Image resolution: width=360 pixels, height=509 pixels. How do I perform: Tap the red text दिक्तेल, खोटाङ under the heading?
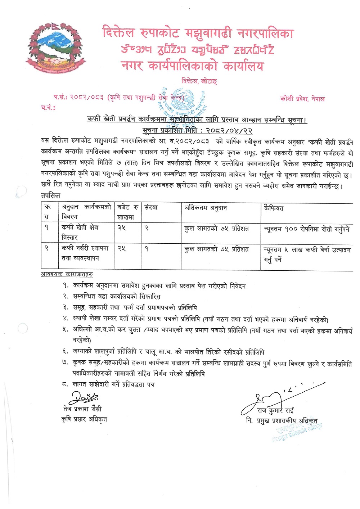pyautogui.click(x=199, y=81)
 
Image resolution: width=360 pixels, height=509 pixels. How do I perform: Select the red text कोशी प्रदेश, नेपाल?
pyautogui.click(x=302, y=99)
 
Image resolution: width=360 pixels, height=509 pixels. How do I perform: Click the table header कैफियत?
pyautogui.click(x=274, y=208)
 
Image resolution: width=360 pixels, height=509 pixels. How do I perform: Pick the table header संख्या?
pyautogui.click(x=151, y=208)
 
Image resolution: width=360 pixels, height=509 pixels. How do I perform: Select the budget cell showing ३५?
pyautogui.click(x=122, y=228)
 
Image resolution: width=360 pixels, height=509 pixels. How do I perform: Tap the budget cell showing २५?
pyautogui.click(x=122, y=248)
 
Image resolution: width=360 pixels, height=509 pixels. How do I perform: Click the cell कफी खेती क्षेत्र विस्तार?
pyautogui.click(x=80, y=232)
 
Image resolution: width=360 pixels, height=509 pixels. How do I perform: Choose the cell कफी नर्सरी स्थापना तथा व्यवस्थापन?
pyautogui.click(x=85, y=253)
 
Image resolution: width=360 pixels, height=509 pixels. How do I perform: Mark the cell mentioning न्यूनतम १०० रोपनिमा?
pyautogui.click(x=306, y=229)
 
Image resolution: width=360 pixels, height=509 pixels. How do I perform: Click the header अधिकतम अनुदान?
pyautogui.click(x=206, y=208)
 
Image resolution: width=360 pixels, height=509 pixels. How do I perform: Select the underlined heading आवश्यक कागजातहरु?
pyautogui.click(x=67, y=274)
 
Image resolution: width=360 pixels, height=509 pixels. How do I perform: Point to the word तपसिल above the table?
pyautogui.click(x=51, y=196)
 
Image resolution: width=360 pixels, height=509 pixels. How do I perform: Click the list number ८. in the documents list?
pyautogui.click(x=65, y=384)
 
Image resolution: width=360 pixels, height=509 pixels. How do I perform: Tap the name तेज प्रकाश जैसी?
pyautogui.click(x=82, y=409)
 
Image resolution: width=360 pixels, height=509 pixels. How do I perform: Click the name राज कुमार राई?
pyautogui.click(x=275, y=410)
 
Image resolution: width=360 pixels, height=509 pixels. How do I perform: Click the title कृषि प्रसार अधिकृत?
pyautogui.click(x=84, y=419)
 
